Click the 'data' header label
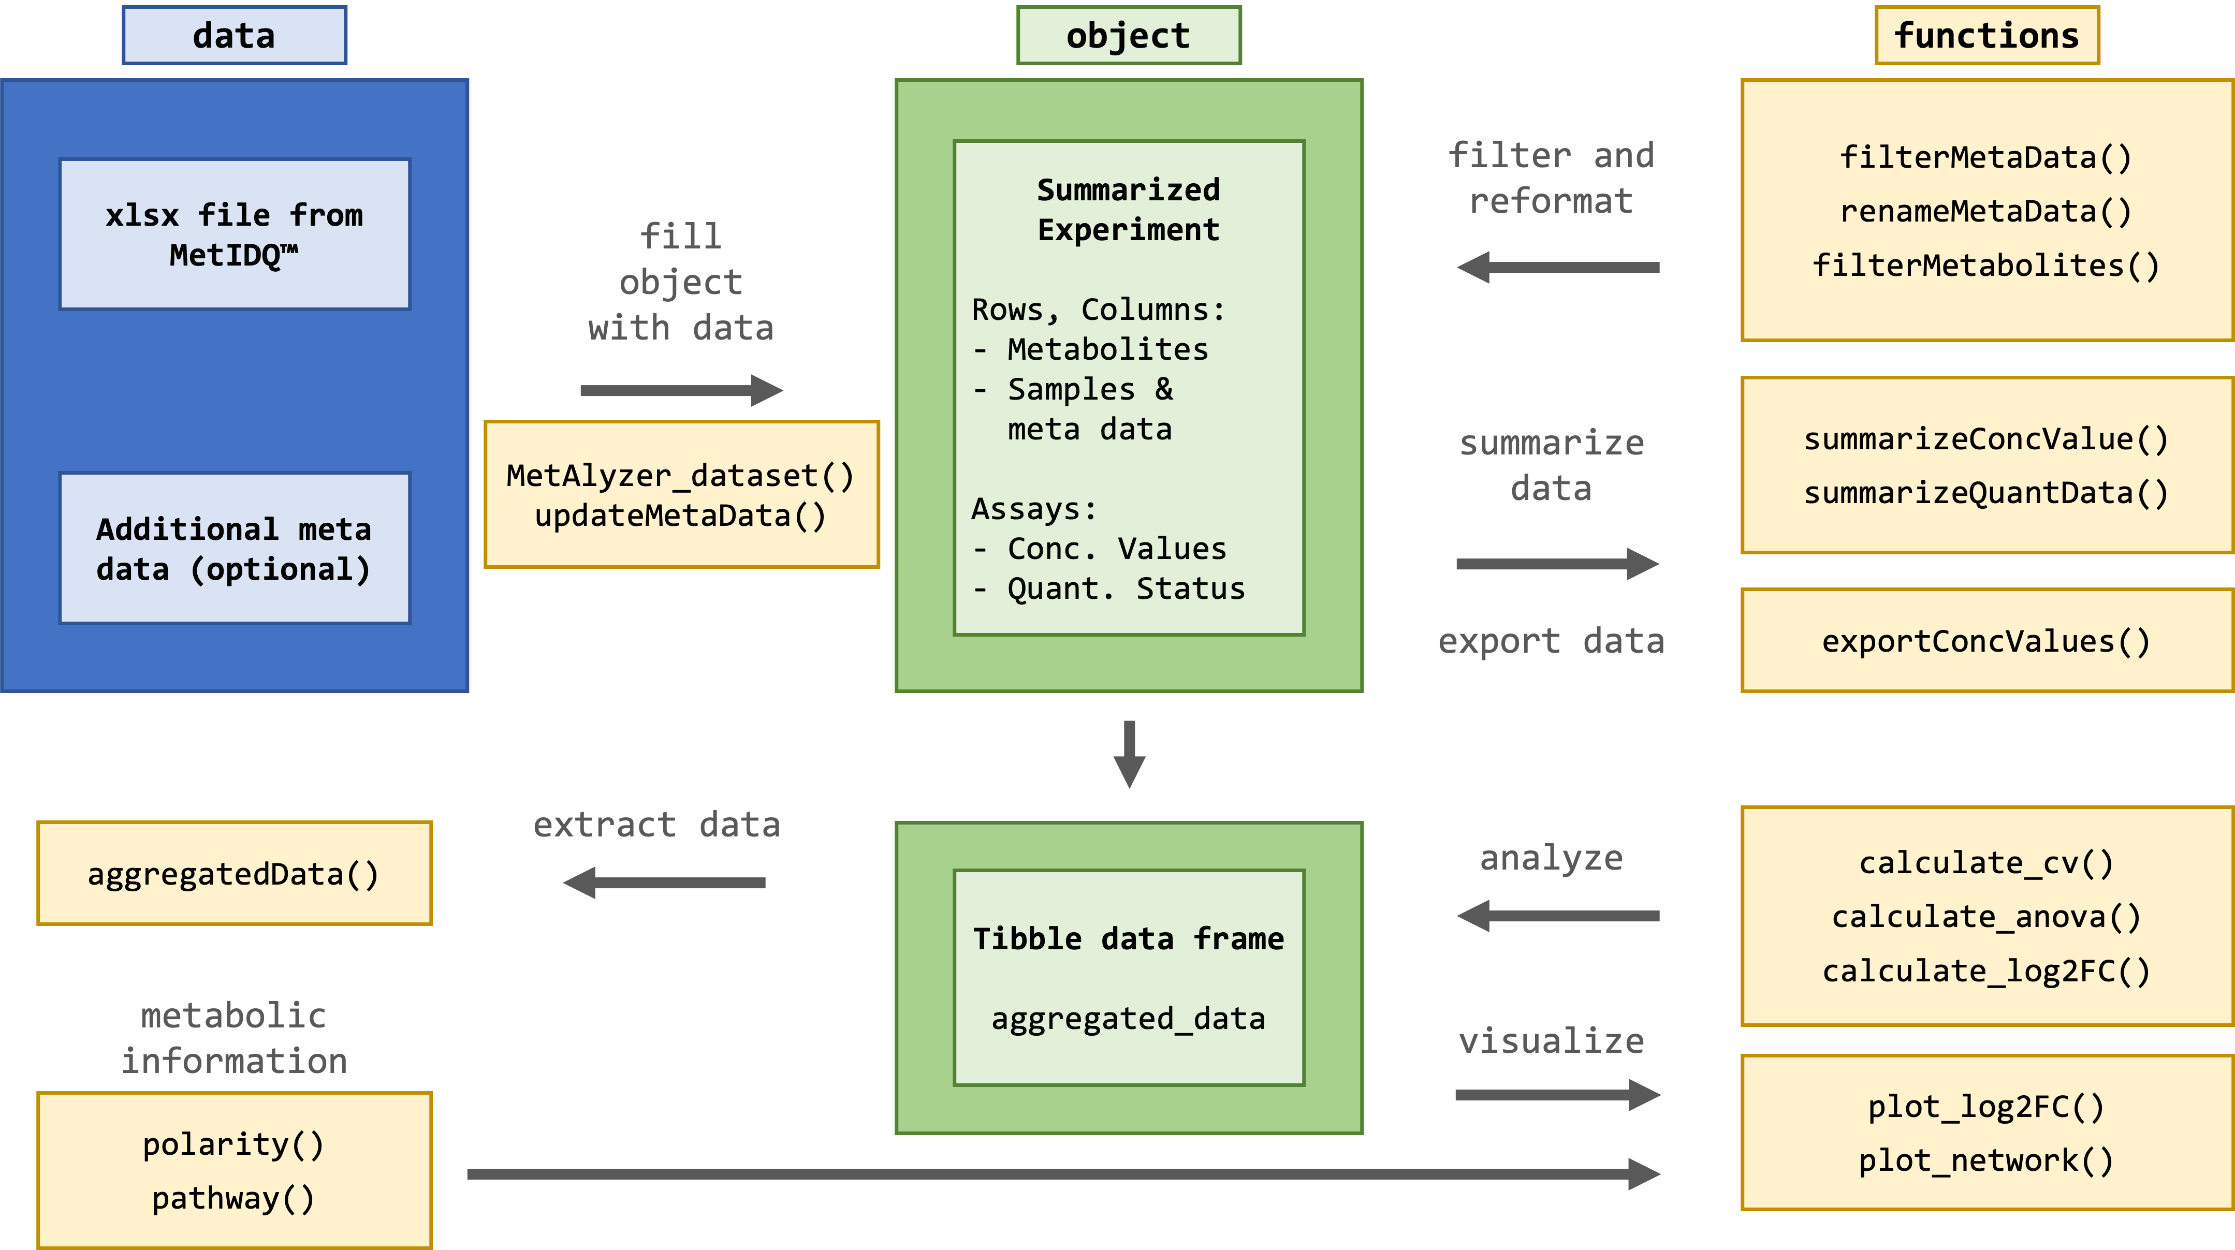click(234, 36)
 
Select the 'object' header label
click(1128, 36)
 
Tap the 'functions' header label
click(1987, 36)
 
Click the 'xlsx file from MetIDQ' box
click(234, 234)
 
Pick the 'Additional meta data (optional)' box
click(234, 548)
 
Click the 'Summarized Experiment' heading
click(1128, 209)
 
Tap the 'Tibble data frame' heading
click(1128, 938)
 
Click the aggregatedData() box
click(234, 874)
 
